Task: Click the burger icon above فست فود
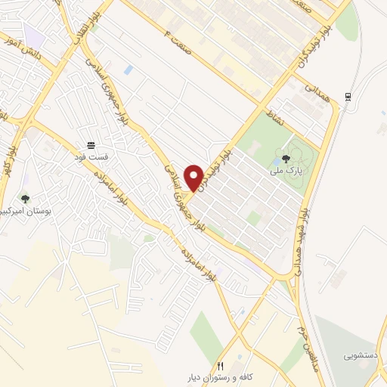click(91, 144)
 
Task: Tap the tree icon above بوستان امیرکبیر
click(25, 199)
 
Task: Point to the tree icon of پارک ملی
click(285, 159)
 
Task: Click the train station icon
click(347, 96)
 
